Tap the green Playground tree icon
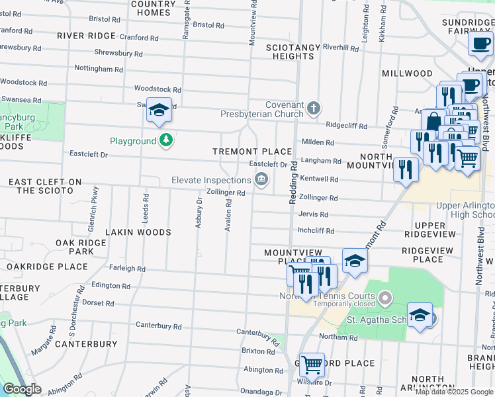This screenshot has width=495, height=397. (x=165, y=140)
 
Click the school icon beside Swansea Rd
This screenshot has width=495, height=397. (x=159, y=110)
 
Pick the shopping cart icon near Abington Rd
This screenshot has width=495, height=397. (x=312, y=363)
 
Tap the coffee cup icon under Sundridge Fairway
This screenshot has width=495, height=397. (x=479, y=44)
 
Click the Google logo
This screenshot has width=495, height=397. (x=22, y=389)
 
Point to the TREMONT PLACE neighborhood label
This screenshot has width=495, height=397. (x=251, y=152)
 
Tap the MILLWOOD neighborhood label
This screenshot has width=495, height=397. (x=407, y=73)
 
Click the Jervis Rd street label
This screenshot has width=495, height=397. (x=313, y=214)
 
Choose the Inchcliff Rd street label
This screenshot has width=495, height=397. (x=316, y=231)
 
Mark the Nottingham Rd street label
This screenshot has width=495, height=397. (x=99, y=69)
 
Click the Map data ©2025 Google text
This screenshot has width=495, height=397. (x=453, y=392)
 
